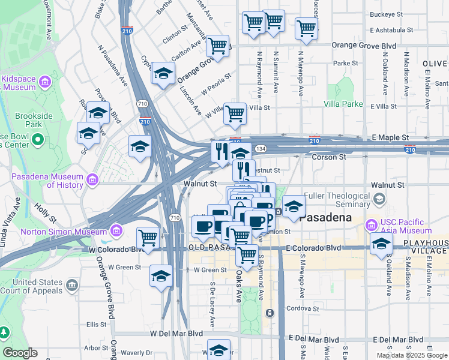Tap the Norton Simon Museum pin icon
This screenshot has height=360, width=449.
[116, 231]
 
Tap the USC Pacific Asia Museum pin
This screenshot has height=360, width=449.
[372, 225]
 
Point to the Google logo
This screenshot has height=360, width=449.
[20, 353]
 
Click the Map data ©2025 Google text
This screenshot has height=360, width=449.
[412, 355]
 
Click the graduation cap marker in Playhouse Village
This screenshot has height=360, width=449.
[381, 243]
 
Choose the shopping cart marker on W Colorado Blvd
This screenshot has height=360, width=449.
[147, 237]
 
